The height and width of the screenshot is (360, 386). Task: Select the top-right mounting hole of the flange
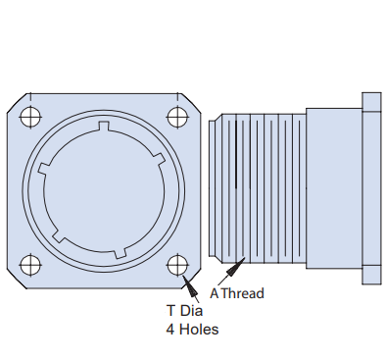point(177,116)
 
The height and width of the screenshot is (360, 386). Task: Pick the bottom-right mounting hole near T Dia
point(177,264)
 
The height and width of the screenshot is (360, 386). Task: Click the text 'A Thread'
point(237,292)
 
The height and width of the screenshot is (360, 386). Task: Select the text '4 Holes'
point(191,330)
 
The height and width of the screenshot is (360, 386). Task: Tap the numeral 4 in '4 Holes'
point(169,330)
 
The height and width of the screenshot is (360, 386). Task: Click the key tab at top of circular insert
point(104,128)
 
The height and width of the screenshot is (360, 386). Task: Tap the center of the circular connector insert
point(104,190)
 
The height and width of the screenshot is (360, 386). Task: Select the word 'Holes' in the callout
point(198,330)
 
